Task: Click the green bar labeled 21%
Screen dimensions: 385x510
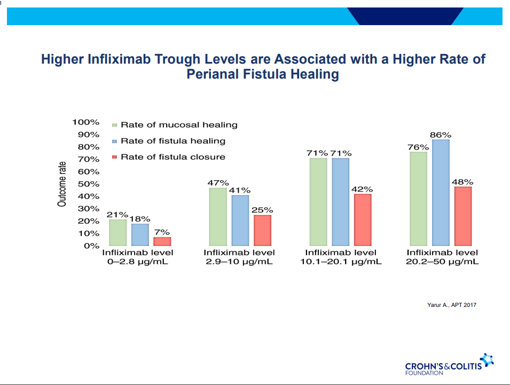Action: pos(117,233)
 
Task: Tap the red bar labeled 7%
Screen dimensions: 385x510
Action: pos(162,241)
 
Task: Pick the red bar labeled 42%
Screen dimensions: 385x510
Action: pos(363,220)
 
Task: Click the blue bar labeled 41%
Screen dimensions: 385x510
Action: pos(240,220)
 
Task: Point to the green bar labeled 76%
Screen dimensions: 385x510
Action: pos(418,199)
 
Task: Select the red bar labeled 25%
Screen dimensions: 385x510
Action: pos(262,230)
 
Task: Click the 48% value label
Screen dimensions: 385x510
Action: pos(462,182)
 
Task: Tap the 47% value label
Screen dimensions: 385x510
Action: pos(218,183)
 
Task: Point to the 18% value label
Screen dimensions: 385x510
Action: pos(139,219)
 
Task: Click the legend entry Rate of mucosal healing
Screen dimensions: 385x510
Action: pos(178,125)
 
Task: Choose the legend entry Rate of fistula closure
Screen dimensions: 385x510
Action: pos(172,157)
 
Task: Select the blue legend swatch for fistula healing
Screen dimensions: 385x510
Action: pos(114,141)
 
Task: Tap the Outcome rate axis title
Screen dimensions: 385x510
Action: pos(62,184)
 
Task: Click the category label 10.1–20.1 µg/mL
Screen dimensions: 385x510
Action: pos(340,262)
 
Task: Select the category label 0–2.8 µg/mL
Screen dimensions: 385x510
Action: pos(138,262)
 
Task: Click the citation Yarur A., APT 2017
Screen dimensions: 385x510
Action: pos(451,305)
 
